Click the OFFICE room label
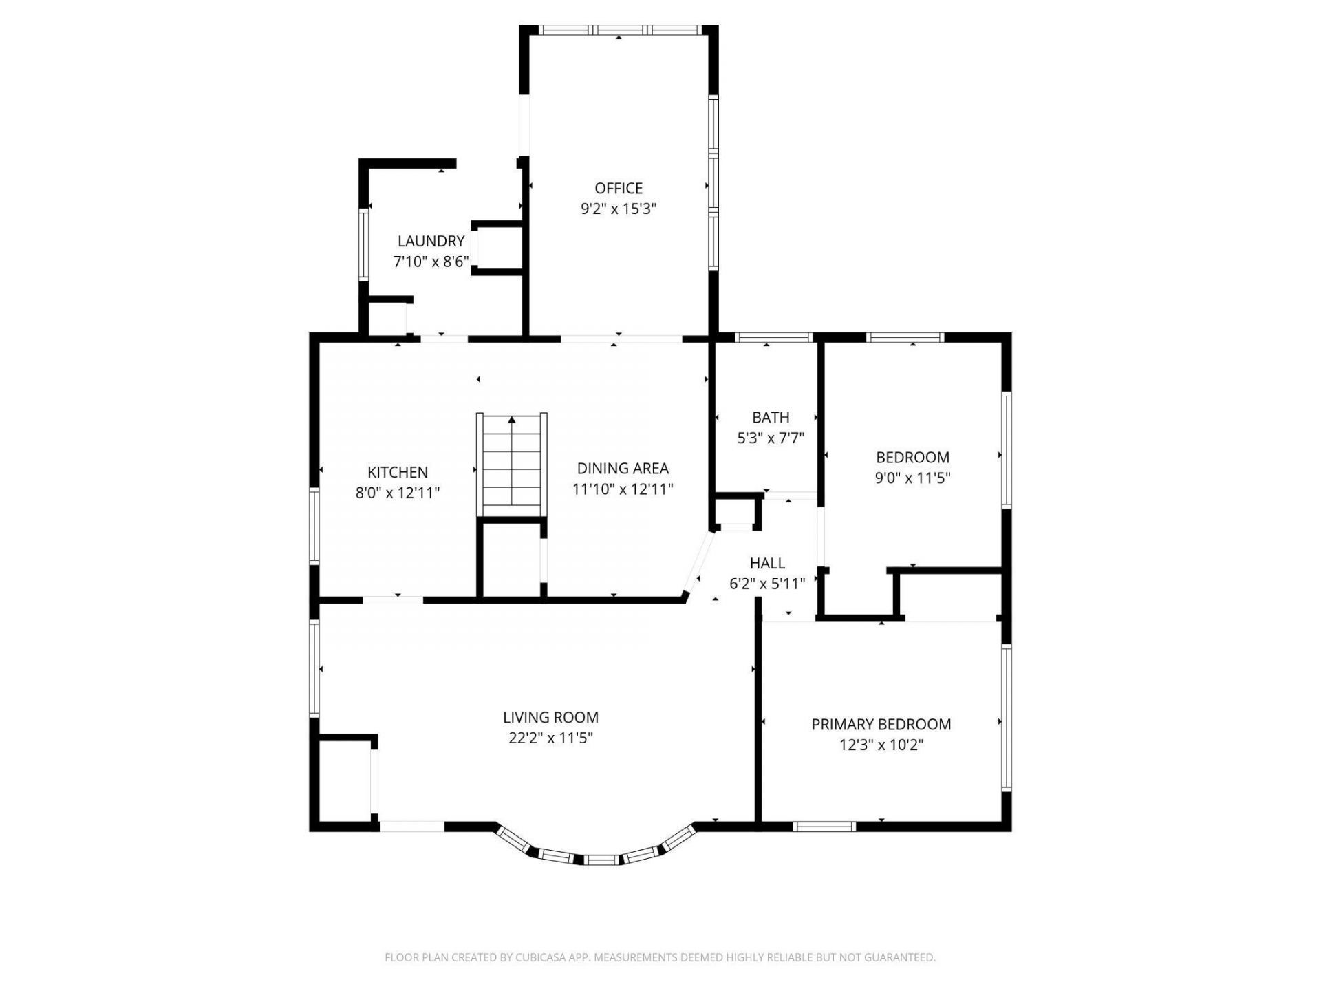pyautogui.click(x=619, y=188)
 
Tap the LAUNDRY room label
pyautogui.click(x=431, y=241)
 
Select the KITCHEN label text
pyautogui.click(x=398, y=472)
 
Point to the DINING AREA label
pyautogui.click(x=623, y=468)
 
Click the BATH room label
pyautogui.click(x=771, y=417)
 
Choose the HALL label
pyautogui.click(x=767, y=563)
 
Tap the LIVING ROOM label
pyautogui.click(x=550, y=717)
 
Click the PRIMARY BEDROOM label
pyautogui.click(x=881, y=724)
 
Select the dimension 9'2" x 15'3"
pyautogui.click(x=619, y=209)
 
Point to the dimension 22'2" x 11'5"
pyautogui.click(x=550, y=738)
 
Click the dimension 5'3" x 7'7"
pyautogui.click(x=771, y=438)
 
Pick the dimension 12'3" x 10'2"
pyautogui.click(x=881, y=745)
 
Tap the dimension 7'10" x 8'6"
pyautogui.click(x=431, y=262)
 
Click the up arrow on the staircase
pyautogui.click(x=512, y=420)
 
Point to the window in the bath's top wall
pyautogui.click(x=774, y=337)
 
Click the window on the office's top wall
pyautogui.click(x=619, y=30)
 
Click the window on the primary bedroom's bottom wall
pyautogui.click(x=824, y=827)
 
